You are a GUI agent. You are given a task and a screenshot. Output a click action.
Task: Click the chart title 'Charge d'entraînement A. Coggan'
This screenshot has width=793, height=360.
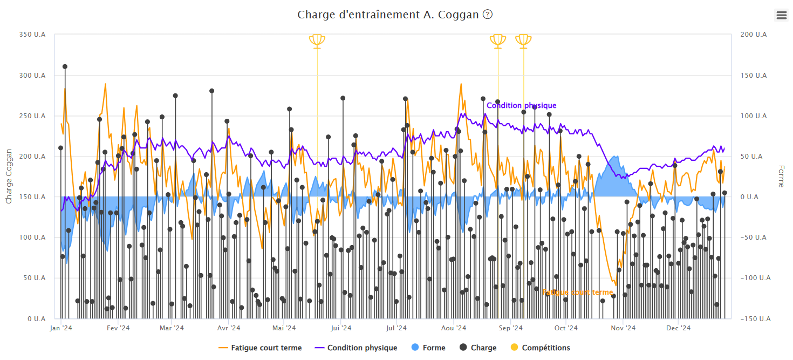388,15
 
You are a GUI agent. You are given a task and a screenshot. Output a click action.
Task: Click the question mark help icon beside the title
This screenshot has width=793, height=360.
488,15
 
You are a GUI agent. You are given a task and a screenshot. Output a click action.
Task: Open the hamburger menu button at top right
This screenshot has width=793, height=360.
782,15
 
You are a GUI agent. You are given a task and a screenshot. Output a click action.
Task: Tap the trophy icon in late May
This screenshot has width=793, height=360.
317,40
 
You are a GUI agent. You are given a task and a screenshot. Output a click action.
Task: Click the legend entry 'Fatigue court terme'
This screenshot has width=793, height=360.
260,348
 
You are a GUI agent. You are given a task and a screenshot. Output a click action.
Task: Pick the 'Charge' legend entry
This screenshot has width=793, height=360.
477,348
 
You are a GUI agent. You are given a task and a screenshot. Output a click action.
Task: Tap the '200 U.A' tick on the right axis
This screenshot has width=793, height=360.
754,35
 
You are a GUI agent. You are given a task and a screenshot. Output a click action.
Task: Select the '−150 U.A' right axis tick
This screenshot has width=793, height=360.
752,319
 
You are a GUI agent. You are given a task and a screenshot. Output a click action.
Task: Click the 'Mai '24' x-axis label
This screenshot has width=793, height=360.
285,328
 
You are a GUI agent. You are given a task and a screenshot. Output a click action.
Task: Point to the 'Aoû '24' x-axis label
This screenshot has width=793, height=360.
454,328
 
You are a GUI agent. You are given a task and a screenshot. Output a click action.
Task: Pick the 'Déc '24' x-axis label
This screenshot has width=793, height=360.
678,328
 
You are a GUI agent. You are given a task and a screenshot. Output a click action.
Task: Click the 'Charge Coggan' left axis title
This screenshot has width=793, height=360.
9,176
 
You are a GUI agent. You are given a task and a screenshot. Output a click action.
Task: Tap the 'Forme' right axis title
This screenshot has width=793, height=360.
781,176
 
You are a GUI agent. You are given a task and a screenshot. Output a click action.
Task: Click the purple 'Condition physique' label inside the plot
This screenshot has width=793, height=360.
521,106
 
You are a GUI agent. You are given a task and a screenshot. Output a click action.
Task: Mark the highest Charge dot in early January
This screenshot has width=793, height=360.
65,67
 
